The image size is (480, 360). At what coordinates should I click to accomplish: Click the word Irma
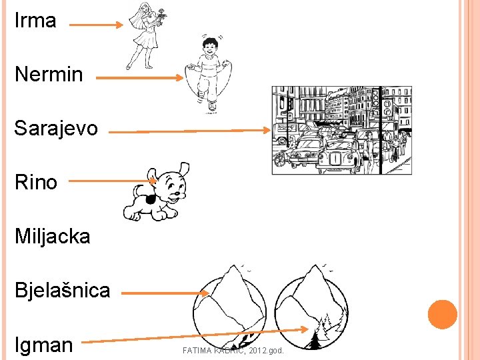click(35, 21)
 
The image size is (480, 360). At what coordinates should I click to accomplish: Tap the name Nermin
click(49, 74)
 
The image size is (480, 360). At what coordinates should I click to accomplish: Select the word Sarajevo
click(56, 127)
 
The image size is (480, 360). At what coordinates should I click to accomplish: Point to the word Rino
click(36, 182)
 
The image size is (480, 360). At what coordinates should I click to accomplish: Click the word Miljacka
click(52, 236)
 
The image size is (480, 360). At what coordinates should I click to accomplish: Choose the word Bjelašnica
click(63, 290)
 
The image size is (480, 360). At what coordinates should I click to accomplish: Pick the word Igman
click(44, 345)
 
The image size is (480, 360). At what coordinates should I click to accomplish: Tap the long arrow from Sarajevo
click(190, 131)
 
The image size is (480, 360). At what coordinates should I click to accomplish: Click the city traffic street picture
click(341, 130)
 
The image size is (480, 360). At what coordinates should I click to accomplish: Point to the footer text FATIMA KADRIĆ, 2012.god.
click(233, 350)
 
